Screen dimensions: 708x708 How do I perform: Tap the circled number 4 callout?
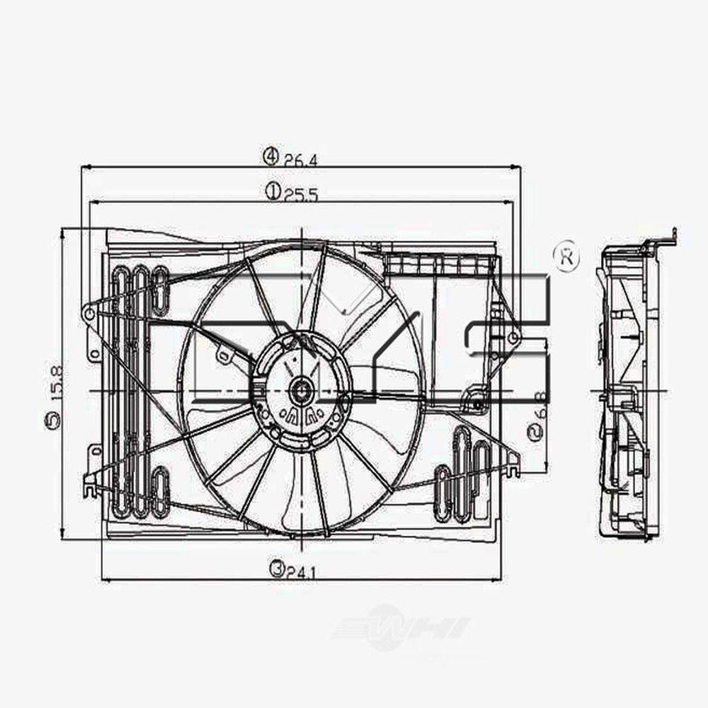point(271,156)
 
